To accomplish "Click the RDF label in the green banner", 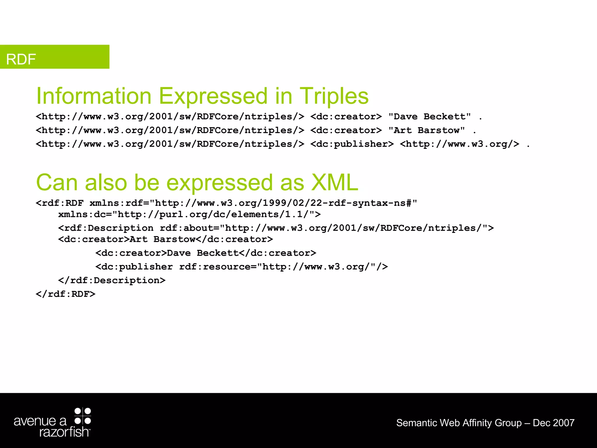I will click(21, 59).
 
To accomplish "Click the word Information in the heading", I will click(94, 96).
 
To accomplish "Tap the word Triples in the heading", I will click(334, 96).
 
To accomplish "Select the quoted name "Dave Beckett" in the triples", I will click(429, 117).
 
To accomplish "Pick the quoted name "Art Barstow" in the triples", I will click(426, 130).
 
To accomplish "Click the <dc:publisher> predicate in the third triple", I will click(352, 144).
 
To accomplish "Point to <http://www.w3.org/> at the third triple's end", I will click(459, 144).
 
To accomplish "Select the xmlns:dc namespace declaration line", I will click(189, 215).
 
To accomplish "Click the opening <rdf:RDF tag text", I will click(60, 203).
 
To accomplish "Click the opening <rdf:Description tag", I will click(106, 228).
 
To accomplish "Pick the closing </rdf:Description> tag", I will click(112, 281).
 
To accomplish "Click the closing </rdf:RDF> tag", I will click(66, 294).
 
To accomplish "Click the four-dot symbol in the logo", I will click(83, 416).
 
